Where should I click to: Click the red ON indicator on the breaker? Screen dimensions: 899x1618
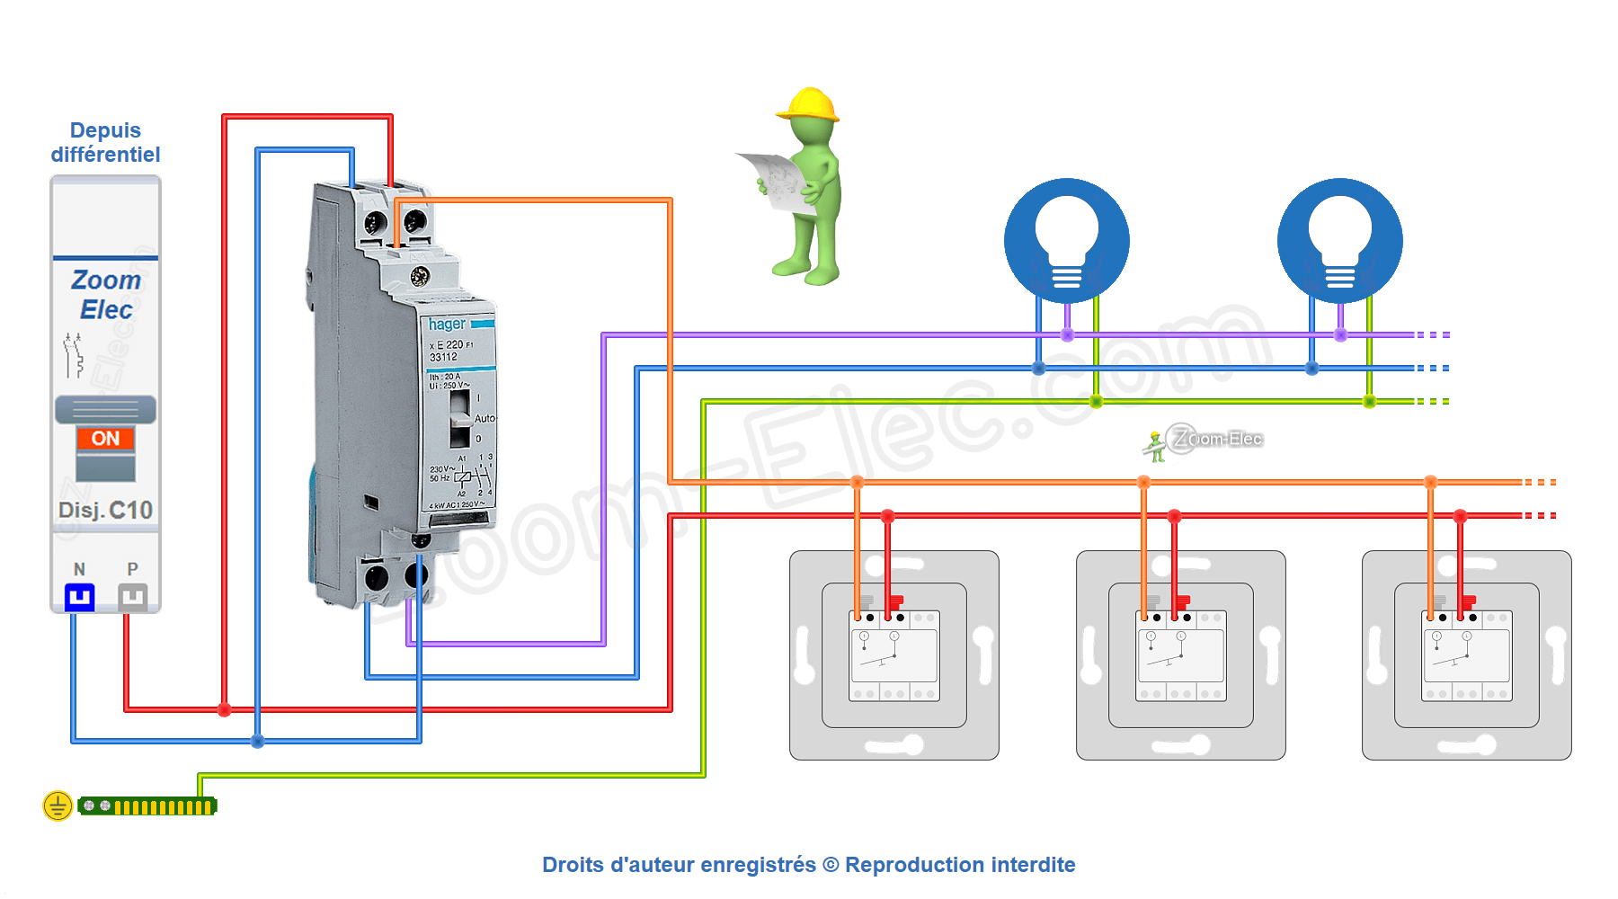[x=105, y=439]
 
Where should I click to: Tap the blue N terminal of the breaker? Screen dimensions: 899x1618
[x=79, y=596]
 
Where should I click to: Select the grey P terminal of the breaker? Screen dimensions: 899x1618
[x=133, y=596]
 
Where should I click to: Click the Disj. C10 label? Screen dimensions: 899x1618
[x=105, y=511]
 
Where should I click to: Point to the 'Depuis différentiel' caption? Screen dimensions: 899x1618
[x=105, y=142]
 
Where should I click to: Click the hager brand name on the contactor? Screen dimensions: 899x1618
[x=447, y=324]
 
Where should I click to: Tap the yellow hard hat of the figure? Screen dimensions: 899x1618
[x=808, y=104]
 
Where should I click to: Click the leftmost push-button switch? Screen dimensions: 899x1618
[x=894, y=655]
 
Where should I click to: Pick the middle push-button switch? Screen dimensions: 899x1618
[x=1180, y=655]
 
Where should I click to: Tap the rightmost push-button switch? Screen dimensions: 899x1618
[x=1467, y=655]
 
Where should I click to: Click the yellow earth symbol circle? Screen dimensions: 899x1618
[x=58, y=806]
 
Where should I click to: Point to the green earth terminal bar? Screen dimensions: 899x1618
[x=147, y=806]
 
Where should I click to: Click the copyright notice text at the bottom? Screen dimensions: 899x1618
[x=808, y=865]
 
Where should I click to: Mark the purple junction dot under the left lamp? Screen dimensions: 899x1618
[x=1067, y=335]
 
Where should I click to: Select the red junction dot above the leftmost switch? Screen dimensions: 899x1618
[x=888, y=516]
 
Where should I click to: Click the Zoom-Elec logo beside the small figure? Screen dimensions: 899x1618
[x=1214, y=439]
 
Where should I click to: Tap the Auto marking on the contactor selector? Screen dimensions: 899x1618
[x=485, y=418]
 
